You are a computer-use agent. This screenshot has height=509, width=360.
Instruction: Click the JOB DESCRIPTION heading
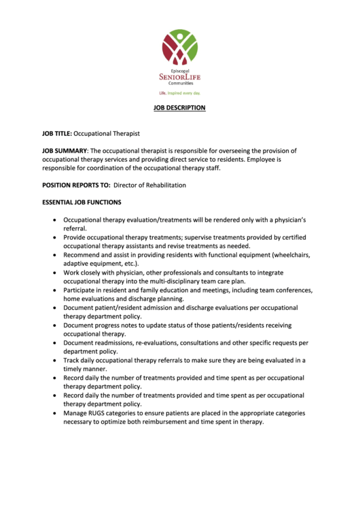pyautogui.click(x=179, y=108)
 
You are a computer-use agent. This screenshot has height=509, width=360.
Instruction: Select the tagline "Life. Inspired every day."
pyautogui.click(x=179, y=92)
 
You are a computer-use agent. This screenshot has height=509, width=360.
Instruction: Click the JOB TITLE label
pyautogui.click(x=56, y=135)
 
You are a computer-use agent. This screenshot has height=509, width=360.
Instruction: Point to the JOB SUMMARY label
pyautogui.click(x=65, y=151)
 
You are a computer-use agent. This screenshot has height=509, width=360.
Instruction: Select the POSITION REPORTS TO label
pyautogui.click(x=75, y=185)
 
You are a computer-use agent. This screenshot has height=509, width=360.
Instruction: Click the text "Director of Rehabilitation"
pyautogui.click(x=149, y=185)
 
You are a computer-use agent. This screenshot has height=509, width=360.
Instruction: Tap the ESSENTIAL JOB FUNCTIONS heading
pyautogui.click(x=82, y=203)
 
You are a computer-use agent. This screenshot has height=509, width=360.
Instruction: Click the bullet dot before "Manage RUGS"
pyautogui.click(x=54, y=413)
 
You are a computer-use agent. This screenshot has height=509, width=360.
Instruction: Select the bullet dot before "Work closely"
pyautogui.click(x=54, y=273)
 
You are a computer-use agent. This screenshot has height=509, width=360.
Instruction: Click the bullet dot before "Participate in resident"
pyautogui.click(x=54, y=290)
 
